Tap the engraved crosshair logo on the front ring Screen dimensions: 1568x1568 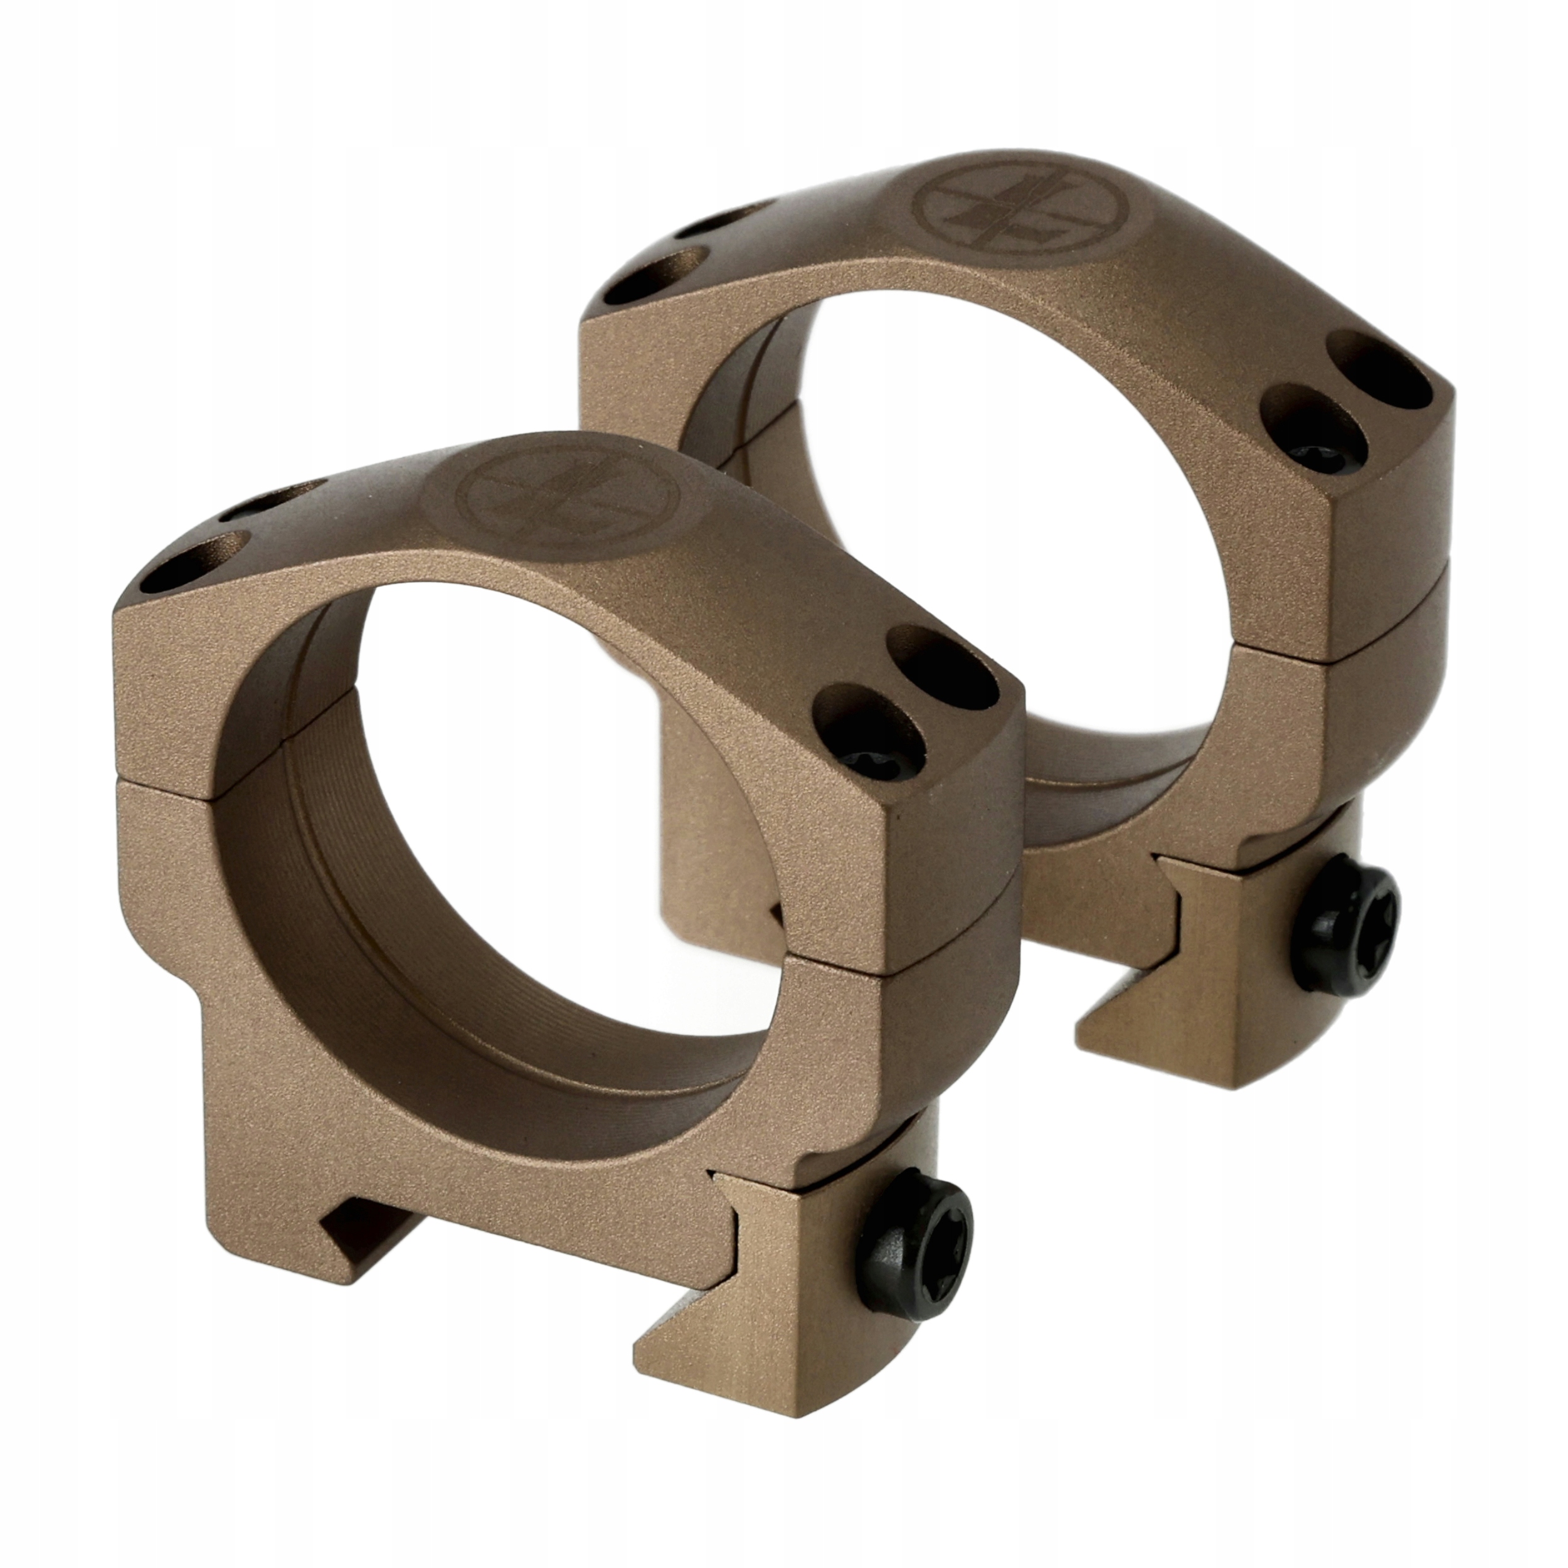tap(566, 497)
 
